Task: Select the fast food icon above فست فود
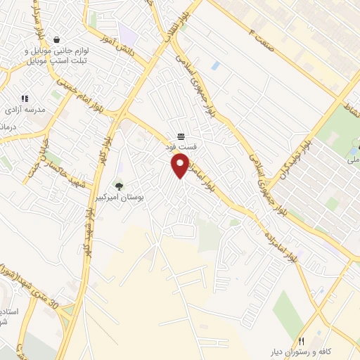tap(181, 135)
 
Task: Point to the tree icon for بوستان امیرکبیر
tap(119, 187)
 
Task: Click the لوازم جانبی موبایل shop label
tap(55, 56)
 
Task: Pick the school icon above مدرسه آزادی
tap(25, 99)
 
